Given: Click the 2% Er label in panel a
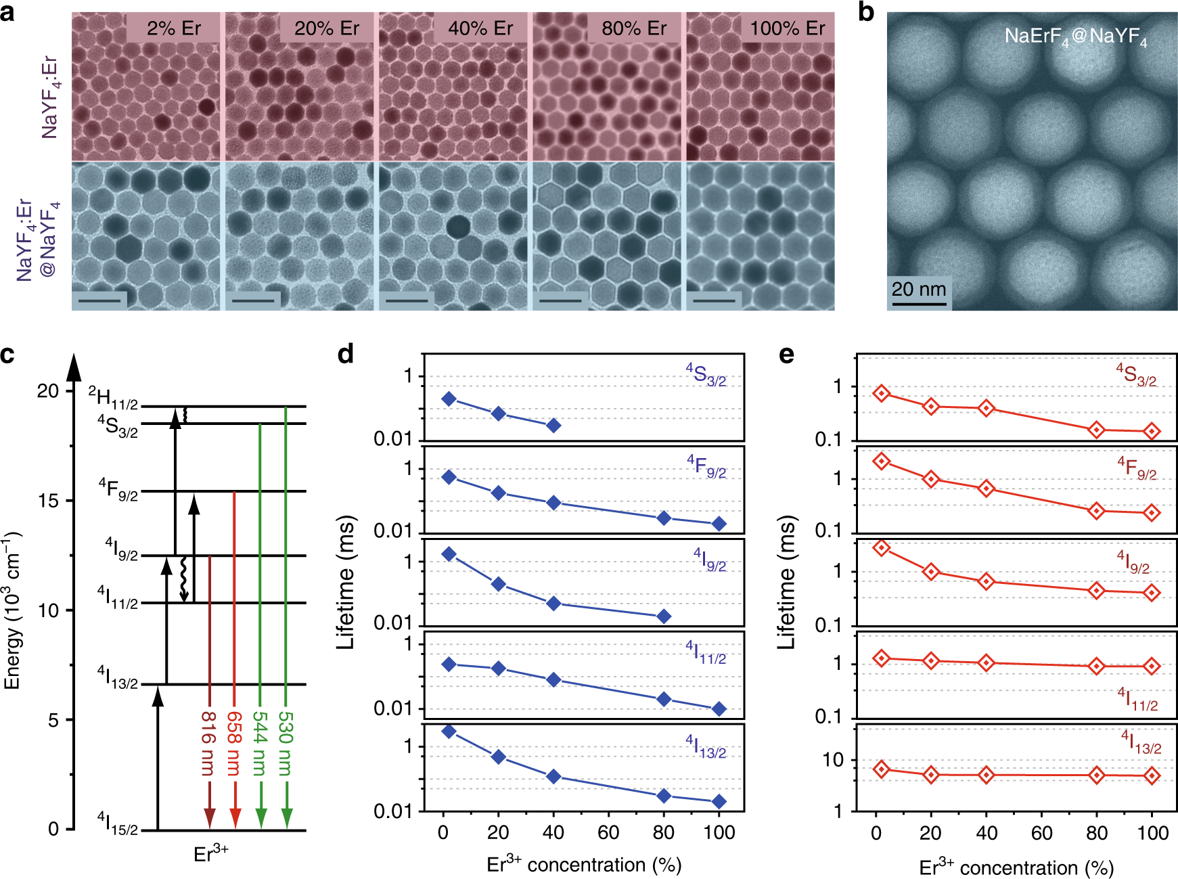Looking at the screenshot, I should [x=173, y=28].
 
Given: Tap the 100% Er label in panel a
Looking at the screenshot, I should [x=787, y=28].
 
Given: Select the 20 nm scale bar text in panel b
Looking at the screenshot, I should [x=918, y=289].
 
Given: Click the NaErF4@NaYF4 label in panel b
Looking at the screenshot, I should [x=1075, y=37].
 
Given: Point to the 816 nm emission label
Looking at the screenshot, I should [x=208, y=743].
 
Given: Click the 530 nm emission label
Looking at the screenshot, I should [x=286, y=743].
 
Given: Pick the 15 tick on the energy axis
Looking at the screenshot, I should [x=49, y=501].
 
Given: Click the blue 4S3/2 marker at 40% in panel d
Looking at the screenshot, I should [x=553, y=426].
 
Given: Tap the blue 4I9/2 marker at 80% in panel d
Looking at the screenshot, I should [x=664, y=616].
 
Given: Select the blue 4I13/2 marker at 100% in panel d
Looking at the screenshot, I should [x=719, y=802].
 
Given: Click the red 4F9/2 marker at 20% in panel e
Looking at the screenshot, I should [x=931, y=479].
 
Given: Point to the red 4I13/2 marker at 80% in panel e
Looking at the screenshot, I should [x=1097, y=775].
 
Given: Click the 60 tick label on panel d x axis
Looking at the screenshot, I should [x=608, y=832].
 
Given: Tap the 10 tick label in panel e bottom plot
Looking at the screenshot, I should [x=833, y=761].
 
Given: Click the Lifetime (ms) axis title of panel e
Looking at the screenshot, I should [x=786, y=583].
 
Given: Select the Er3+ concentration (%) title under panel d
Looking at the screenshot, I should [x=583, y=865].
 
